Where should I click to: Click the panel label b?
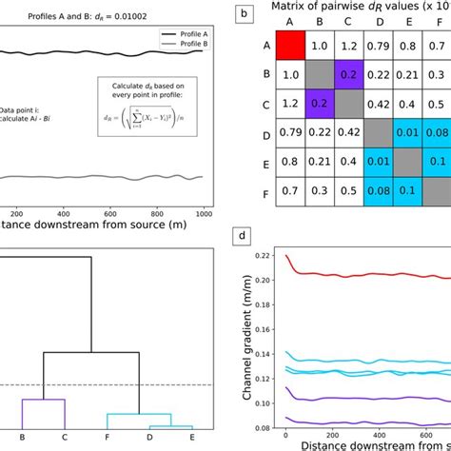[245, 13]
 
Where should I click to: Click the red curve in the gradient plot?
[362, 275]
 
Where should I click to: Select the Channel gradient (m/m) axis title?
[248, 333]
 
